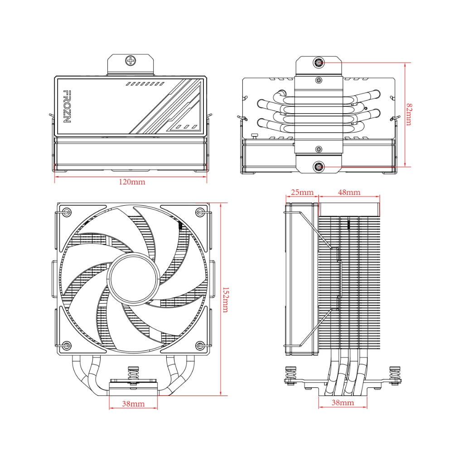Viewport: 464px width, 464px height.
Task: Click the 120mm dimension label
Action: click(132, 182)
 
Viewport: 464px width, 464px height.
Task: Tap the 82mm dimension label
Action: click(409, 114)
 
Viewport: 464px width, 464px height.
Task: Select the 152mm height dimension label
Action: click(226, 300)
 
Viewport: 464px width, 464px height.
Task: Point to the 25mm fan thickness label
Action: click(302, 192)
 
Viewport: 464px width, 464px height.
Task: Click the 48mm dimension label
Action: click(349, 192)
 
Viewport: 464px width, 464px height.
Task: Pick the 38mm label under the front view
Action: click(134, 404)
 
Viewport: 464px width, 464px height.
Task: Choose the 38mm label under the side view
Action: click(343, 402)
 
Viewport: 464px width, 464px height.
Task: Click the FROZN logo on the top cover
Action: click(67, 106)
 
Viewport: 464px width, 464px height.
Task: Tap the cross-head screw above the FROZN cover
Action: click(130, 61)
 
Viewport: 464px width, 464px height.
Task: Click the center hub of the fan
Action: click(133, 278)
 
